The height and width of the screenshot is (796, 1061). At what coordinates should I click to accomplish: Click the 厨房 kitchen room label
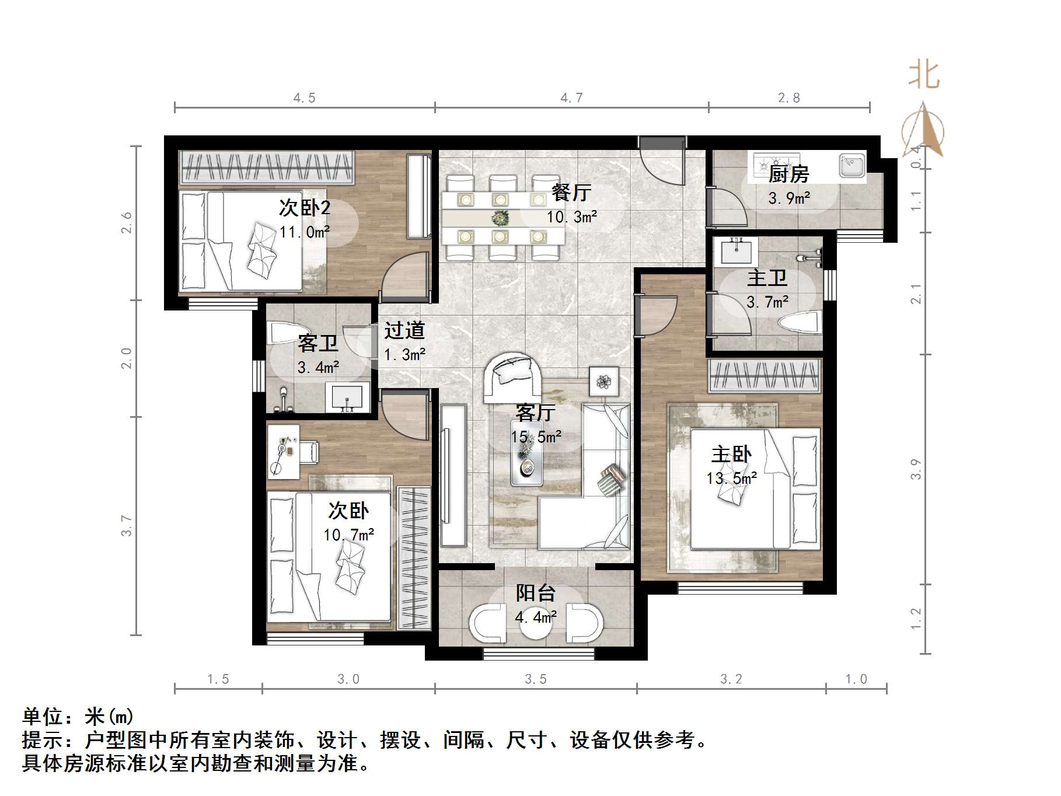(788, 174)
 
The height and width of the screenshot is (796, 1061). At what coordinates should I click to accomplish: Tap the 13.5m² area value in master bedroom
(731, 479)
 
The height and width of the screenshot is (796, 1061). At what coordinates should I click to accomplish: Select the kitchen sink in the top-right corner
(851, 165)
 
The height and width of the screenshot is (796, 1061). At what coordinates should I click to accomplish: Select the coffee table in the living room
(527, 461)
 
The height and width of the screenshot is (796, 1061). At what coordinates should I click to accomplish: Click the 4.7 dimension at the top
(571, 98)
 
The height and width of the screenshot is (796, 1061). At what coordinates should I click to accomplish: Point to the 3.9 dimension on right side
(916, 469)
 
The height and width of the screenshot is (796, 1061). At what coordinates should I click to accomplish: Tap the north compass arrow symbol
(923, 131)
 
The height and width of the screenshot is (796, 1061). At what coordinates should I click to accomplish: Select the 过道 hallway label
(404, 331)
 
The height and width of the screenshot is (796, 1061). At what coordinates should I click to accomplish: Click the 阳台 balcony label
(535, 593)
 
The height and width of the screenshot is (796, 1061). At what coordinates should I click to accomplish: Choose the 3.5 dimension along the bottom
(535, 679)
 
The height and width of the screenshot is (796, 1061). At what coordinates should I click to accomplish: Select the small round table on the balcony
(535, 623)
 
